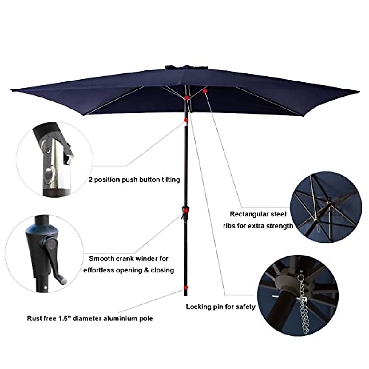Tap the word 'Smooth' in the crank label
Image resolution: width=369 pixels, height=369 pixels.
click(101, 259)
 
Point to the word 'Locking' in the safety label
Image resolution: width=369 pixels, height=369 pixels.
click(198, 307)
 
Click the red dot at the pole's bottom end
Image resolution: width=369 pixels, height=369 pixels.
click(185, 288)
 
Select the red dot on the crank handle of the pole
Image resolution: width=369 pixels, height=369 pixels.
click(186, 210)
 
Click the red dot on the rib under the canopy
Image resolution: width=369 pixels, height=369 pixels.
click(205, 91)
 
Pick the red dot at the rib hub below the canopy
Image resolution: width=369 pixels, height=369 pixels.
click(187, 98)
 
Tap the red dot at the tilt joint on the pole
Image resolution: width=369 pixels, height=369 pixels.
click(186, 120)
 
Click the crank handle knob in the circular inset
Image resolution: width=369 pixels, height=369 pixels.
click(63, 281)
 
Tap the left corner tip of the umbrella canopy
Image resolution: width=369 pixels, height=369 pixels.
click(11, 90)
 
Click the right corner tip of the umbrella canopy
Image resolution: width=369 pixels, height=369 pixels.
click(359, 92)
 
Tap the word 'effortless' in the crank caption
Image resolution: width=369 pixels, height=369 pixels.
click(98, 270)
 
